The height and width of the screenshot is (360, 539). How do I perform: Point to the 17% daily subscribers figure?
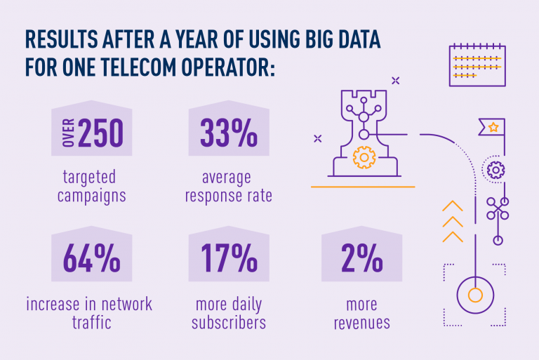click(x=228, y=260)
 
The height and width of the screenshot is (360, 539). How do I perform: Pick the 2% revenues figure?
click(x=358, y=260)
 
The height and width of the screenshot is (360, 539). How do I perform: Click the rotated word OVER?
click(x=68, y=133)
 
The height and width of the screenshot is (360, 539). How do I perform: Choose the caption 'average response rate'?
click(x=229, y=186)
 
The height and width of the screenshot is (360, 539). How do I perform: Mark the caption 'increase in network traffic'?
click(x=89, y=314)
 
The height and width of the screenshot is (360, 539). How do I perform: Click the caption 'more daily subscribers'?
click(x=229, y=314)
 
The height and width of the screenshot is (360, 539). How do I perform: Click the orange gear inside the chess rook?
click(x=364, y=156)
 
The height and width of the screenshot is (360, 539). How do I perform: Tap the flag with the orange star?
click(x=493, y=128)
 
